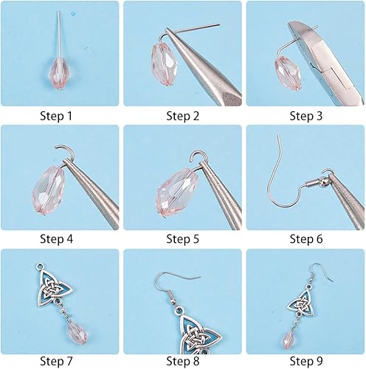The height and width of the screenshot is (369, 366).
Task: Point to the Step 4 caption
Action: pyautogui.click(x=59, y=238)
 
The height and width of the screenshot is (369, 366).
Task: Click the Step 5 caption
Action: pyautogui.click(x=182, y=238)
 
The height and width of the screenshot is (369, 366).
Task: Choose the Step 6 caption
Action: pyautogui.click(x=305, y=238)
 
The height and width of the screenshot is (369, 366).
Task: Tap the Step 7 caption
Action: pyautogui.click(x=59, y=361)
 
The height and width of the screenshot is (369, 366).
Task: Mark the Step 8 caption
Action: pyautogui.click(x=182, y=361)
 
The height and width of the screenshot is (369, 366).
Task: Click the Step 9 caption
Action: pyautogui.click(x=305, y=361)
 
